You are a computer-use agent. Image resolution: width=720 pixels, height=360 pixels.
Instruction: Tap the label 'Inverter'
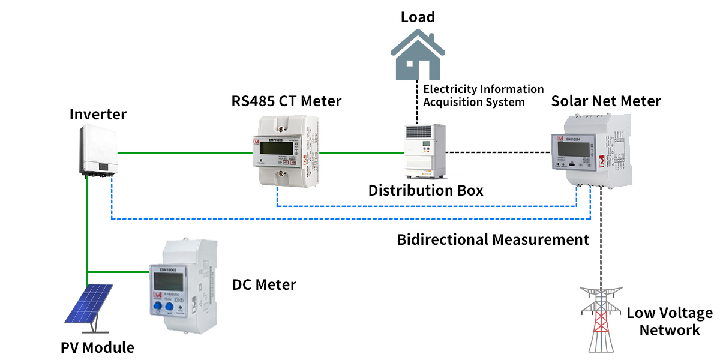(x=98, y=113)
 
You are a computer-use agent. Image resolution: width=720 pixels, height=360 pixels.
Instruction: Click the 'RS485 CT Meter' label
(x=286, y=101)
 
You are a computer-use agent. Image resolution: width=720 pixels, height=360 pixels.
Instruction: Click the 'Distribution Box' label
(x=425, y=191)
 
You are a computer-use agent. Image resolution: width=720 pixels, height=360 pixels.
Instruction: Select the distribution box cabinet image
(x=425, y=152)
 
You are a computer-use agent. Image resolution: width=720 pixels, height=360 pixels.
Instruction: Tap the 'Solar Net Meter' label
(x=606, y=101)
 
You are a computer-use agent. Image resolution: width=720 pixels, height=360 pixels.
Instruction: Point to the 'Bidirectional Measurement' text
(x=493, y=240)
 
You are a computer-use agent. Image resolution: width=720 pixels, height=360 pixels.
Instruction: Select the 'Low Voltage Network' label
(x=669, y=322)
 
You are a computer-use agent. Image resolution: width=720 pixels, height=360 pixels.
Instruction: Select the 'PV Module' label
(x=97, y=347)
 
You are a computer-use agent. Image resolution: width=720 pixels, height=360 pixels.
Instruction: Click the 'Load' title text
(x=418, y=17)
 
